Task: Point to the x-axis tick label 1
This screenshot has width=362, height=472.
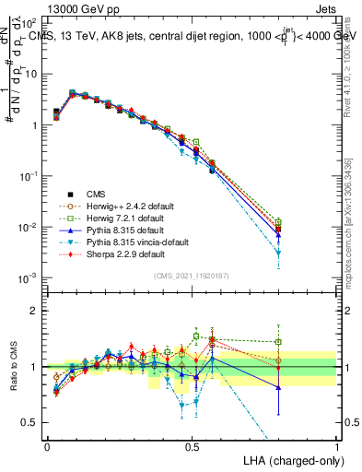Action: pyautogui.click(x=336, y=446)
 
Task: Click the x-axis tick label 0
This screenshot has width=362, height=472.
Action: pyautogui.click(x=47, y=446)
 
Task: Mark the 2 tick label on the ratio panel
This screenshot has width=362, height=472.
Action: pyautogui.click(x=34, y=311)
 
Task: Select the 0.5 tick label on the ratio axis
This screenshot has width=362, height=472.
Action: pyautogui.click(x=29, y=422)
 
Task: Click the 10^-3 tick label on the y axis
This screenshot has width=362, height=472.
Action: pyautogui.click(x=28, y=277)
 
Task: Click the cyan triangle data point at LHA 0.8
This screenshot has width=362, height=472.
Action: pyautogui.click(x=278, y=252)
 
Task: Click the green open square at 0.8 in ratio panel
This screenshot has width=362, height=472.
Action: pyautogui.click(x=278, y=342)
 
